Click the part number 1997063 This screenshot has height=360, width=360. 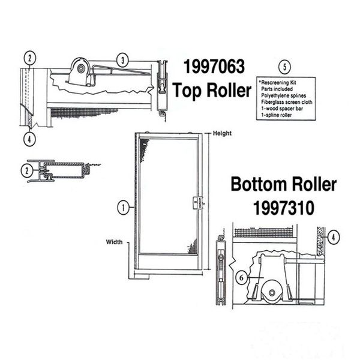pos(214,67)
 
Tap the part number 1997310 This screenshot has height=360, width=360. pos(284,208)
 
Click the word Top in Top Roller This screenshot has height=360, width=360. pos(187,91)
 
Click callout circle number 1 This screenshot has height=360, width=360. pos(124,208)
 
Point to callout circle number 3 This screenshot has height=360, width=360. pos(123,61)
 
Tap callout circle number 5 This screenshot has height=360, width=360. pos(284,67)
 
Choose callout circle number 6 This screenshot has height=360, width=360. pos(242,278)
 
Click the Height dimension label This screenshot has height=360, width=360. pos(222,133)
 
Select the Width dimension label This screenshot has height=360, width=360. pos(115,242)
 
